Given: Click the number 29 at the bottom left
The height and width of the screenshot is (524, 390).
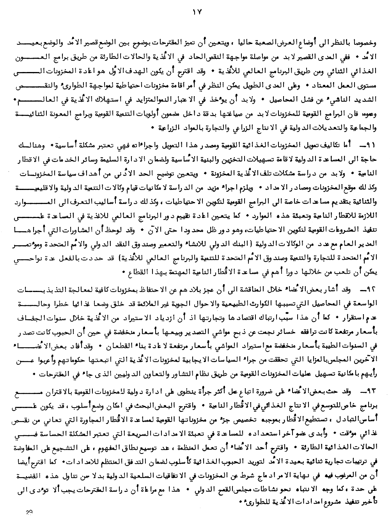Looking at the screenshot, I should (28, 513).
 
